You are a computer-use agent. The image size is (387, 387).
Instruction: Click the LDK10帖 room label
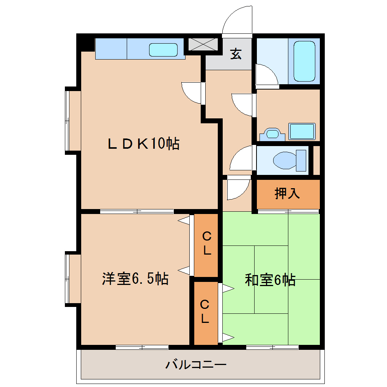click(x=143, y=144)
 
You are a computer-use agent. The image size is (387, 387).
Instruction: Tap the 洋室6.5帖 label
click(x=135, y=279)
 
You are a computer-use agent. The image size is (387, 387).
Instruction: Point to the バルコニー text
click(x=196, y=365)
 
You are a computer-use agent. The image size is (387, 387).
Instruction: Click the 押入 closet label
click(x=287, y=193)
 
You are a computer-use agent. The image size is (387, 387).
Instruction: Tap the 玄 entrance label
click(x=236, y=54)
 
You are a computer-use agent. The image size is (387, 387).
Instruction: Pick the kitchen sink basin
click(x=163, y=50)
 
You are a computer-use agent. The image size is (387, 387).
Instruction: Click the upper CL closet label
click(x=206, y=244)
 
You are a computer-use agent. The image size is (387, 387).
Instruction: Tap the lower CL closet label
click(x=205, y=312)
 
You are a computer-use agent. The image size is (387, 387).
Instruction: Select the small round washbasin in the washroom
click(x=272, y=134)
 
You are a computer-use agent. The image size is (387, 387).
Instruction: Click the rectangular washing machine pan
click(x=302, y=131)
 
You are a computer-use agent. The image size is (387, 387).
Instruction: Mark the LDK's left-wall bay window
click(x=68, y=121)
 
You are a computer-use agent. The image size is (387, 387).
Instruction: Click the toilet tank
click(x=301, y=160)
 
